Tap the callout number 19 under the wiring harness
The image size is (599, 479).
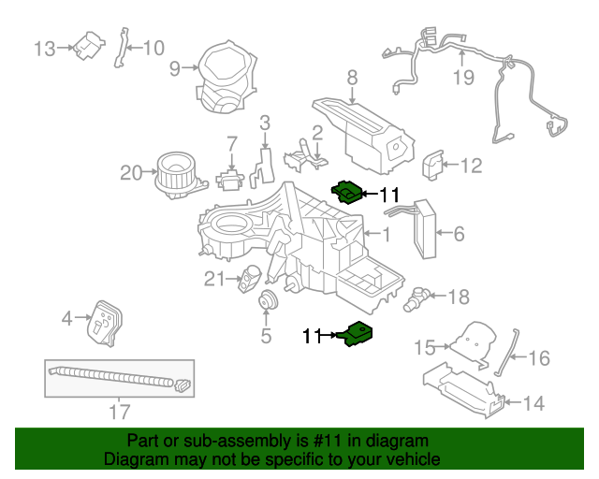464,77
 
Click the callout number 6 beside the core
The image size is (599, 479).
459,234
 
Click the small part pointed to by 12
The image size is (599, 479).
434,165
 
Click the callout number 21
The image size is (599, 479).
214,278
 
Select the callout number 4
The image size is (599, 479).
67,319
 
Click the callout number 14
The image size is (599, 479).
533,404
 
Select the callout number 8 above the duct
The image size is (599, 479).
352,78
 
